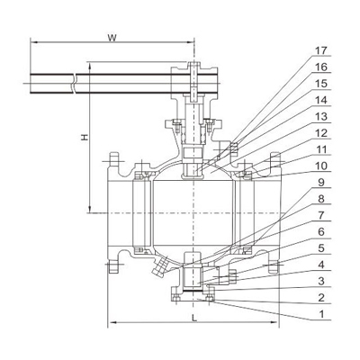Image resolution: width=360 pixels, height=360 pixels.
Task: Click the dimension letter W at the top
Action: pos(112,38)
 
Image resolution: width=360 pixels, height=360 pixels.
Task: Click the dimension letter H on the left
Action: pos(85,137)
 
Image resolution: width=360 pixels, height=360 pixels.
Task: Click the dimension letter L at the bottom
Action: pos(194,319)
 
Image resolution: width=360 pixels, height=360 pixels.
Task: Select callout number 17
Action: pos(320,50)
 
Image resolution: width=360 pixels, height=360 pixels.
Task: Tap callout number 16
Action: pos(320,67)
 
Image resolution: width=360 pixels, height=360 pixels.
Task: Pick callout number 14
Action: pos(320,100)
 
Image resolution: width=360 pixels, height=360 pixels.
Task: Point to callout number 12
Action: pos(320,133)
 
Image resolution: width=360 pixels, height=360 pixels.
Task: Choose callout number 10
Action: pos(320,166)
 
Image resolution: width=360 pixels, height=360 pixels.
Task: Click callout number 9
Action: pos(321,183)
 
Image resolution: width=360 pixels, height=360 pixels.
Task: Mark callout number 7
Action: pos(321,215)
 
